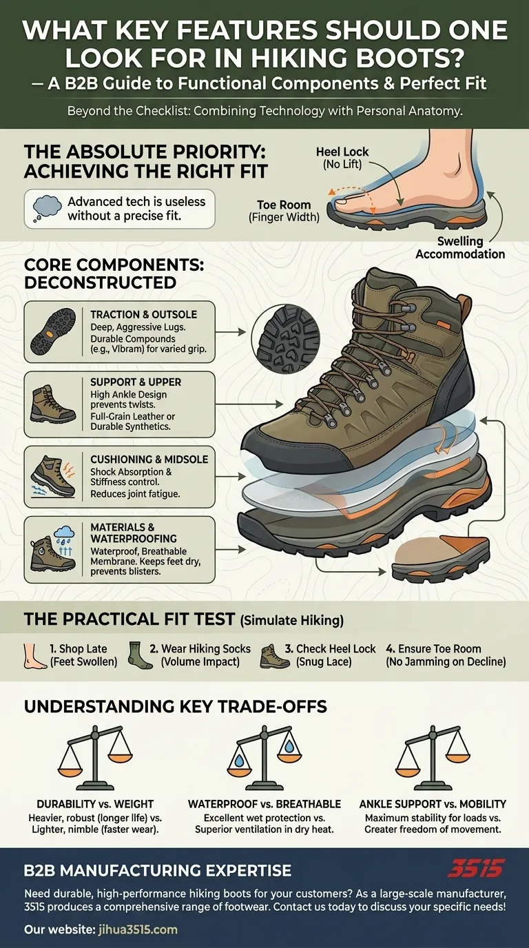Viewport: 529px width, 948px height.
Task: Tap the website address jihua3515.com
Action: point(136,929)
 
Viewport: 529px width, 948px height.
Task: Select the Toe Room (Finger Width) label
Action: point(284,211)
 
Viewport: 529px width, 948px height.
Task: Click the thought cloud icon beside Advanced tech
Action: point(46,209)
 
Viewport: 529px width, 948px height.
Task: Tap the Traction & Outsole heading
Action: point(143,315)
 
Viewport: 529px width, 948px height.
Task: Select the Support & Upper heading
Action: point(136,382)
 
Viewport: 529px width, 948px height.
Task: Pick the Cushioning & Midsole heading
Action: point(149,459)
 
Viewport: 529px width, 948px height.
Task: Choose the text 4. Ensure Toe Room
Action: point(433,648)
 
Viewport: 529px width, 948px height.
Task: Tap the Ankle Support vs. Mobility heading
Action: point(433,803)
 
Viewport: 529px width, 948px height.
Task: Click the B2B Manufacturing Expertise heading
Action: point(157,870)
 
